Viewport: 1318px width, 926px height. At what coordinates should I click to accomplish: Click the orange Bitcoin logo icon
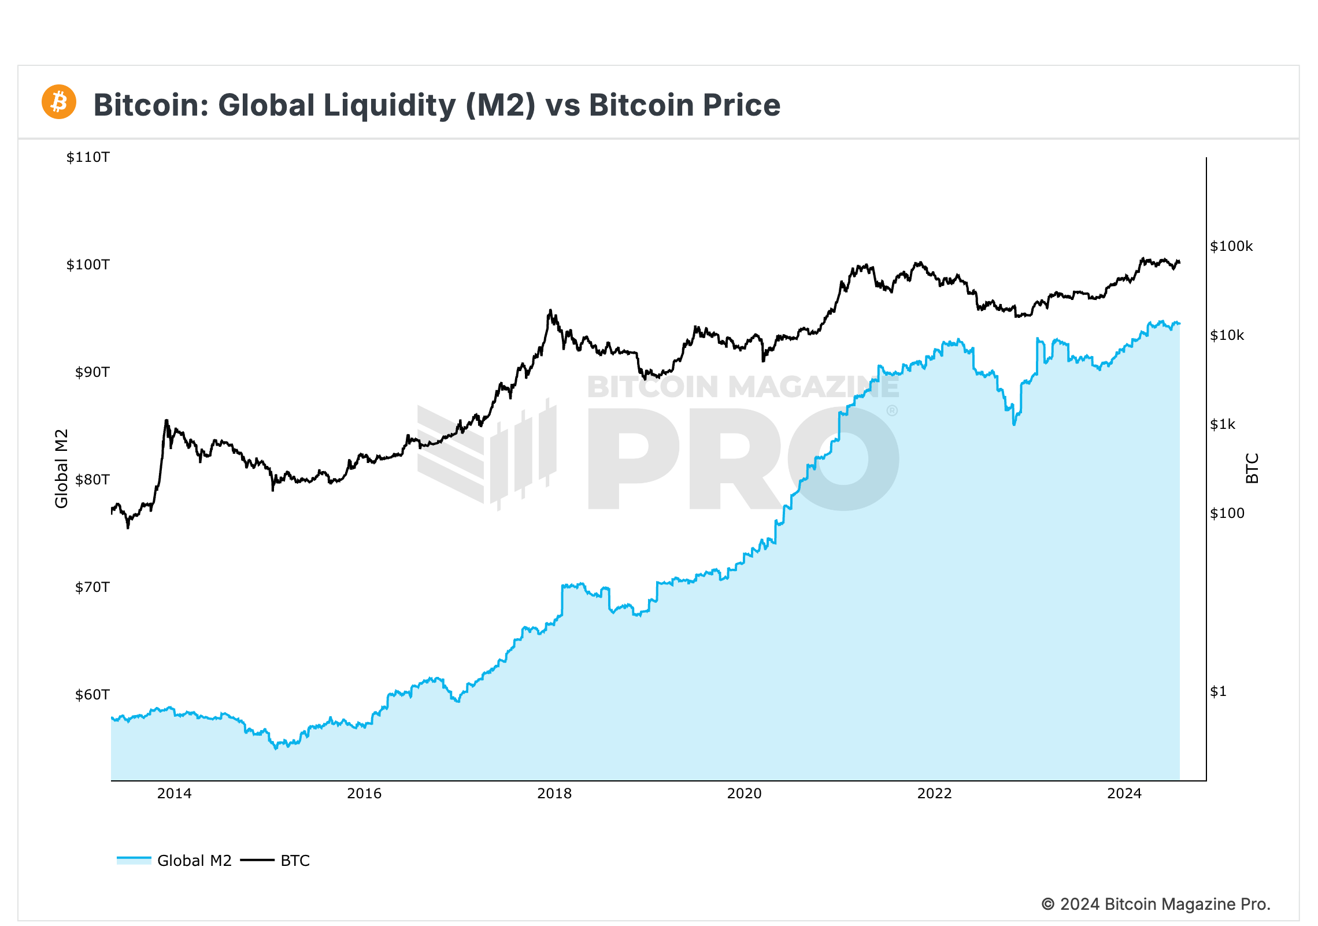(x=59, y=102)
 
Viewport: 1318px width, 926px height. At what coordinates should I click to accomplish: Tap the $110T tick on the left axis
(x=88, y=157)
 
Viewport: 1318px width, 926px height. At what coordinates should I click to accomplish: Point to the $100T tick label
(x=88, y=265)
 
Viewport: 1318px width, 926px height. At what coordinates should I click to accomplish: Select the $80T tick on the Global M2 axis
(x=92, y=480)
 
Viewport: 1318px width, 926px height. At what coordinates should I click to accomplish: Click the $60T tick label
(x=92, y=695)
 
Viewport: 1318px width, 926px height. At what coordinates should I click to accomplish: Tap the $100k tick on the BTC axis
(x=1231, y=246)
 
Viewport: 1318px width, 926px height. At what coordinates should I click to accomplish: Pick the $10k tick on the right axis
(x=1227, y=335)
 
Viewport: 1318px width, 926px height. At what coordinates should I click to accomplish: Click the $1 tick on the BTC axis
(x=1218, y=691)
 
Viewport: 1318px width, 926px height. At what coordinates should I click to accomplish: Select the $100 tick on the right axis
(x=1227, y=513)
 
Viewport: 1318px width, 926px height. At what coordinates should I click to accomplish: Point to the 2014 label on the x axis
(x=174, y=794)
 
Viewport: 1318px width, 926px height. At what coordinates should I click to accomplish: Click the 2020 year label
(x=744, y=794)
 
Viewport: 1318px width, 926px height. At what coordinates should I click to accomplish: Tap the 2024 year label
(x=1124, y=794)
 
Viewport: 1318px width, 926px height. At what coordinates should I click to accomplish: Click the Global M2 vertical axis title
(x=61, y=468)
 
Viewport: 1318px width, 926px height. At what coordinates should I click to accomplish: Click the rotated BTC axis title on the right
(x=1252, y=468)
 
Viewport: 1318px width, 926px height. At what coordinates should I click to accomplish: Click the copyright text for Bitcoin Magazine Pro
(x=1156, y=904)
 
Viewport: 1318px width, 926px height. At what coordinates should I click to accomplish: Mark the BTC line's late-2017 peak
(x=550, y=310)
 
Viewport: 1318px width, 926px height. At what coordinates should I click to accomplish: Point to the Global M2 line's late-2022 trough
(x=1014, y=424)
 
